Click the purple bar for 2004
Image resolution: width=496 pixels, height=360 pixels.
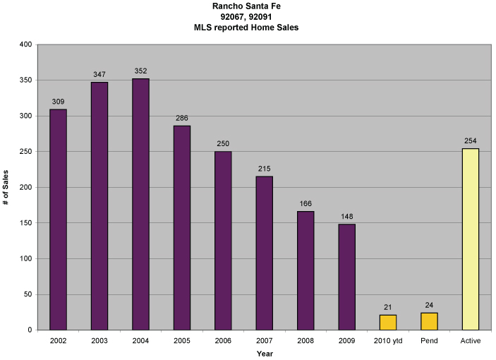pos(140,204)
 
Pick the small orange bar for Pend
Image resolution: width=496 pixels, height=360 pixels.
pos(429,321)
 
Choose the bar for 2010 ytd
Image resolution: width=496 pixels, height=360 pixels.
pos(387,323)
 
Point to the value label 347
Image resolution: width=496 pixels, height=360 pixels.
pos(99,74)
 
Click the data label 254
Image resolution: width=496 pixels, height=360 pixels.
pos(470,140)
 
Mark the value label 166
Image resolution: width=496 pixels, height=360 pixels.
pos(305,203)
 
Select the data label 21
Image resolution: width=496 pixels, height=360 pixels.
pos(387,307)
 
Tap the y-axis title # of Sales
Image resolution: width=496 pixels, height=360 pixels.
pos(6,187)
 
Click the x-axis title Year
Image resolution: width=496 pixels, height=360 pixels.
pos(265,353)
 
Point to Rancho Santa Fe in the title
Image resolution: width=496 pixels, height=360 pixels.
pos(248,6)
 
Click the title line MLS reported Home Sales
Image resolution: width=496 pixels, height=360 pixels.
pos(248,27)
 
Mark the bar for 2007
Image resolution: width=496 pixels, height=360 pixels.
pos(264,253)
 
